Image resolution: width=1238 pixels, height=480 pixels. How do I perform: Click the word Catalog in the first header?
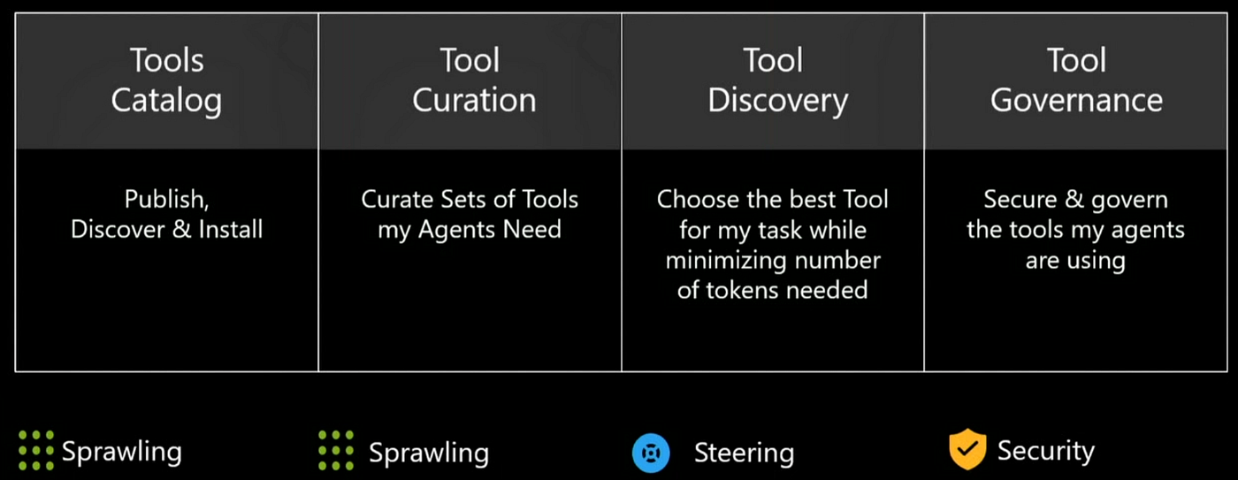(x=166, y=102)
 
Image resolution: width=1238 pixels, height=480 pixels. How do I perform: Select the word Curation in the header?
(x=474, y=100)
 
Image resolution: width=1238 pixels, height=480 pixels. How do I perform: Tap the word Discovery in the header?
(x=777, y=102)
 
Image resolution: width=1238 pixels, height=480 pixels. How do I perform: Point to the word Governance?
(x=1077, y=100)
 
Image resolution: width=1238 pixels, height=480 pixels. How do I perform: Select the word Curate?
(x=396, y=200)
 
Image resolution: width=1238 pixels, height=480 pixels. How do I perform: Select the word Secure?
(x=1020, y=200)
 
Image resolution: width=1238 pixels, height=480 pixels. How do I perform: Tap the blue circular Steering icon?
(x=651, y=453)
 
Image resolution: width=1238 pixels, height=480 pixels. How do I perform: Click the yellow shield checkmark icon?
(x=967, y=449)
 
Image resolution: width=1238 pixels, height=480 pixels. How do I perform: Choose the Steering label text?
(x=744, y=453)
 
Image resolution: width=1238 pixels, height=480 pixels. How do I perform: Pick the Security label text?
(x=1045, y=451)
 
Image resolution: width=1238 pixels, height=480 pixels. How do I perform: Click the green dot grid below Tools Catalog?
(x=36, y=450)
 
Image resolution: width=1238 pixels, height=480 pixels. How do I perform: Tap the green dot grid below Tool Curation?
(x=336, y=450)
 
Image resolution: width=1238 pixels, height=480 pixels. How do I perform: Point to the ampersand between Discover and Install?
(x=181, y=230)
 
